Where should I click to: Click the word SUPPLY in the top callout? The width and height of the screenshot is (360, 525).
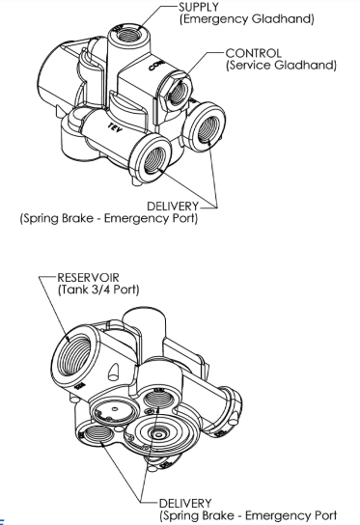tap(199, 7)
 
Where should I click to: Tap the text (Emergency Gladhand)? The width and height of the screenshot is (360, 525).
tap(247, 18)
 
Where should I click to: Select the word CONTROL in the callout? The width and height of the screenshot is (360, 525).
tap(253, 53)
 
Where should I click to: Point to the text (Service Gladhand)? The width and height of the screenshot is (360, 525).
tap(281, 65)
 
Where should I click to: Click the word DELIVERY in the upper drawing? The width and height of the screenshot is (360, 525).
tap(173, 207)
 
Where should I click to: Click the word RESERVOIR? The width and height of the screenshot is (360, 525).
tap(89, 278)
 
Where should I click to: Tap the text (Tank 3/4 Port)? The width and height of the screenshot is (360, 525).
tap(98, 290)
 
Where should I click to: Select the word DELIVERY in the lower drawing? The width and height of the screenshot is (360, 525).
tap(185, 504)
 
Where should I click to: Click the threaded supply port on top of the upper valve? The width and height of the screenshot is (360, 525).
tap(128, 35)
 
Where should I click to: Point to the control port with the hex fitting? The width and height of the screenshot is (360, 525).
tap(179, 91)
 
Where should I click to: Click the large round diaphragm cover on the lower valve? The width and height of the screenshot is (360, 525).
tap(158, 434)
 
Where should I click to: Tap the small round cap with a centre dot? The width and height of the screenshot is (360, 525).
tap(114, 411)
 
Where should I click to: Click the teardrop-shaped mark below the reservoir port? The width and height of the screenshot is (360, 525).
tap(114, 371)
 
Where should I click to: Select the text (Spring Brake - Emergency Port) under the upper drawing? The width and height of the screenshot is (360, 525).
tap(109, 219)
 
